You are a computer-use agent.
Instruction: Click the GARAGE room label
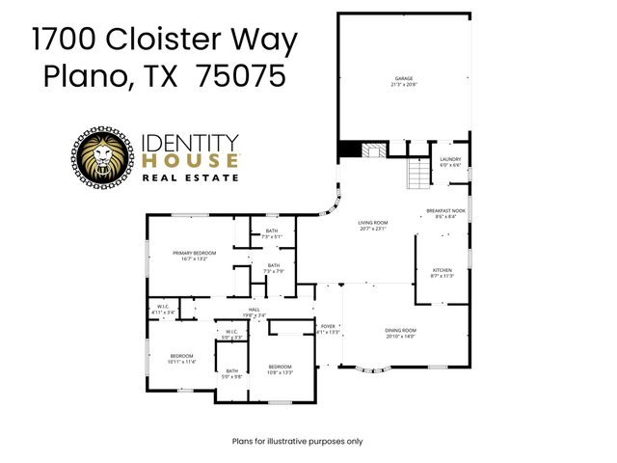pyautogui.click(x=402, y=80)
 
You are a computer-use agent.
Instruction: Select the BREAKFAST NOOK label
pyautogui.click(x=445, y=213)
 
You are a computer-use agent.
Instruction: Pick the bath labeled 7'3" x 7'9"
pyautogui.click(x=274, y=268)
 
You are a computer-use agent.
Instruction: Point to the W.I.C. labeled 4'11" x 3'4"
pyautogui.click(x=163, y=310)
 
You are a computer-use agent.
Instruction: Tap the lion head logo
pyautogui.click(x=101, y=159)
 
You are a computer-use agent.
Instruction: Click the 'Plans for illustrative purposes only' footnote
pyautogui.click(x=298, y=441)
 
